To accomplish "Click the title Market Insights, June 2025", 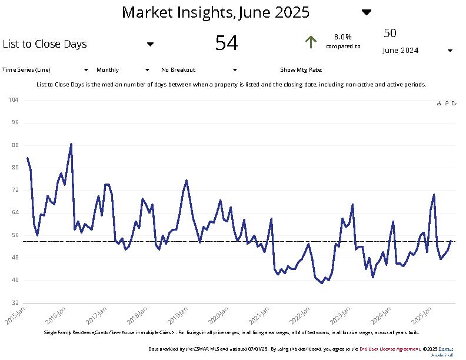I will click(x=215, y=12).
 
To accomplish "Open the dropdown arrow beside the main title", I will click(x=366, y=12).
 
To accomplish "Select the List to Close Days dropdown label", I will click(x=45, y=44).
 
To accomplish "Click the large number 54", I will click(x=227, y=43).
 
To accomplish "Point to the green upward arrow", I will click(x=311, y=42).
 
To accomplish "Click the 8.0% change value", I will click(x=343, y=36).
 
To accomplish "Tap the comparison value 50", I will click(x=390, y=33).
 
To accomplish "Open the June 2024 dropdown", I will click(x=418, y=51).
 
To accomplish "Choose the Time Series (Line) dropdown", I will click(x=45, y=69).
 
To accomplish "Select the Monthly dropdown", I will click(x=122, y=69).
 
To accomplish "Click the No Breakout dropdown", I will click(x=198, y=69).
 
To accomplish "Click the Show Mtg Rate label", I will click(x=301, y=69).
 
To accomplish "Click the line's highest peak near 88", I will click(x=71, y=144).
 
